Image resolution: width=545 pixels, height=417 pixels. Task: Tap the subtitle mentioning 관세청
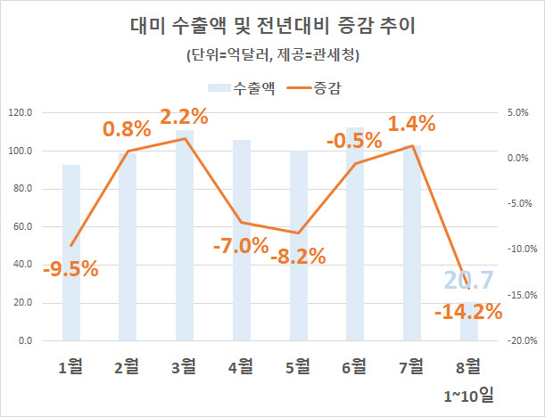(272, 56)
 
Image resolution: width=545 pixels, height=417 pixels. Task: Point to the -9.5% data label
(70, 267)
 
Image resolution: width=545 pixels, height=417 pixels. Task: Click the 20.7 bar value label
(469, 282)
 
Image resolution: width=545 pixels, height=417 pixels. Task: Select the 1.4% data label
(411, 123)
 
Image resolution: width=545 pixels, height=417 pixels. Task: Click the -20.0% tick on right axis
(518, 341)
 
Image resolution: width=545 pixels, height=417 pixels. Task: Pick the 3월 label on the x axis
(185, 365)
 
